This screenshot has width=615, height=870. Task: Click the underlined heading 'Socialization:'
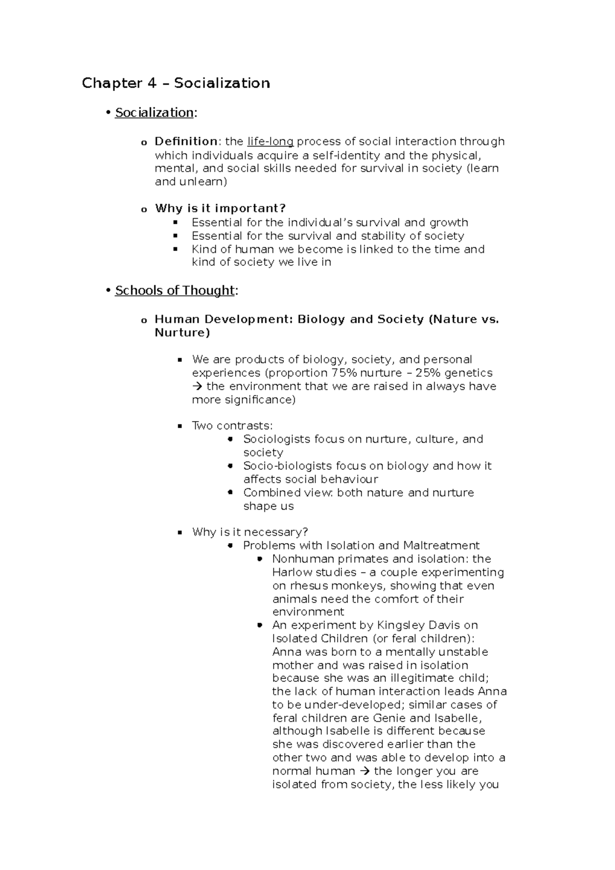pyautogui.click(x=154, y=113)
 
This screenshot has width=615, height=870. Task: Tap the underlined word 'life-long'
pyautogui.click(x=270, y=141)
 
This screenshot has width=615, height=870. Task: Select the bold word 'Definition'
pyautogui.click(x=186, y=141)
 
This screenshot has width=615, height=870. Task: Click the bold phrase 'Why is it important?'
pyautogui.click(x=220, y=209)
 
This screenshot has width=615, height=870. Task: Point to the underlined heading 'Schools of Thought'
pyautogui.click(x=175, y=291)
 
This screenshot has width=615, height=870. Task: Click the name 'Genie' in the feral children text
pyautogui.click(x=389, y=718)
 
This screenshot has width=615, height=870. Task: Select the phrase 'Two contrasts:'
pyautogui.click(x=232, y=426)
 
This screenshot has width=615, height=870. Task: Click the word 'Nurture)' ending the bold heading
pyautogui.click(x=182, y=333)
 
